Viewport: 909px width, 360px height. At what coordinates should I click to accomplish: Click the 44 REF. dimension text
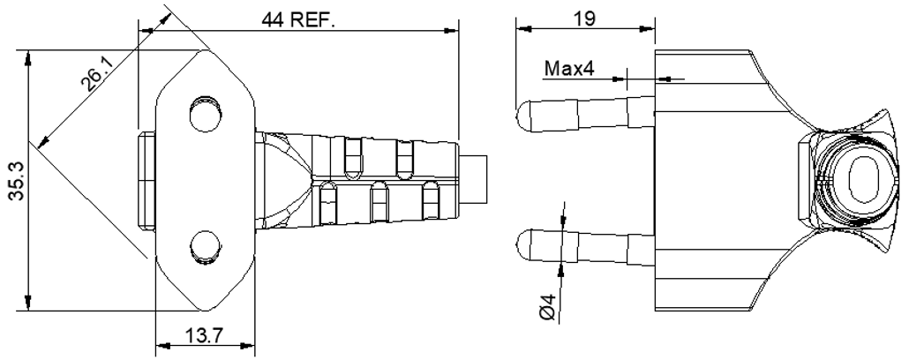coord(298,19)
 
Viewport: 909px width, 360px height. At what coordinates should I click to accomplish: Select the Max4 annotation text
coord(569,68)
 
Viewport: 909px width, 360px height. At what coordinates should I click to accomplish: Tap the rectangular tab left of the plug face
coord(146,178)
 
